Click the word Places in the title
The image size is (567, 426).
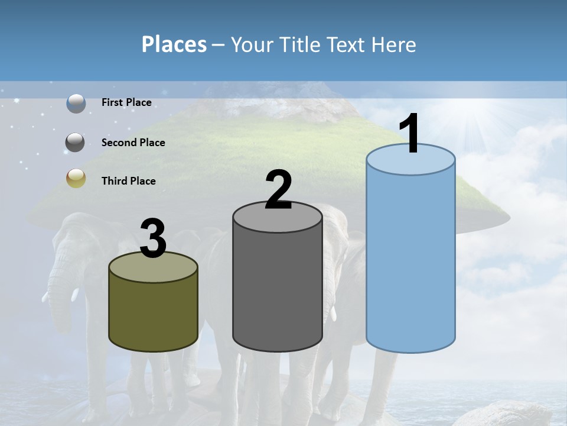pos(174,44)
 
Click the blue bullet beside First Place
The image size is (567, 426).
pos(76,103)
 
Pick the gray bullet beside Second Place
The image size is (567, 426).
pos(76,143)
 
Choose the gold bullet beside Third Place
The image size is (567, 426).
pos(76,178)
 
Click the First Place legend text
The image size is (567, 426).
pos(126,102)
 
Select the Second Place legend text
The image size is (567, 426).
pos(133,143)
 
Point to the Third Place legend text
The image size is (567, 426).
pos(128,181)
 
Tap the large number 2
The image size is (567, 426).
pos(278,190)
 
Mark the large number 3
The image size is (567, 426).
pos(154,238)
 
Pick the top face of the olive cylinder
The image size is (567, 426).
pos(154,268)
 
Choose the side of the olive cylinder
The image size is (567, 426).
pos(154,314)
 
